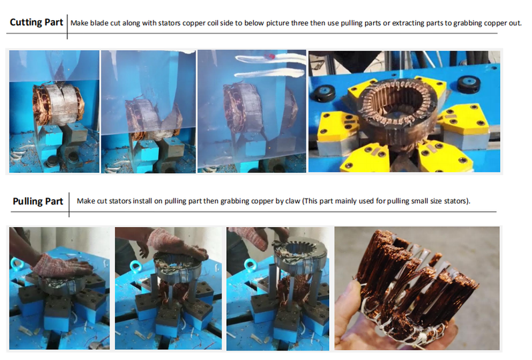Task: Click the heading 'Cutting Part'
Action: point(36,23)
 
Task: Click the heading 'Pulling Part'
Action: point(38,201)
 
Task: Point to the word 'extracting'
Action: point(407,23)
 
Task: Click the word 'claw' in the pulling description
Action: point(293,201)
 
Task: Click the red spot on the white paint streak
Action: point(270,55)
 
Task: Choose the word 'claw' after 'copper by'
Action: point(293,201)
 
